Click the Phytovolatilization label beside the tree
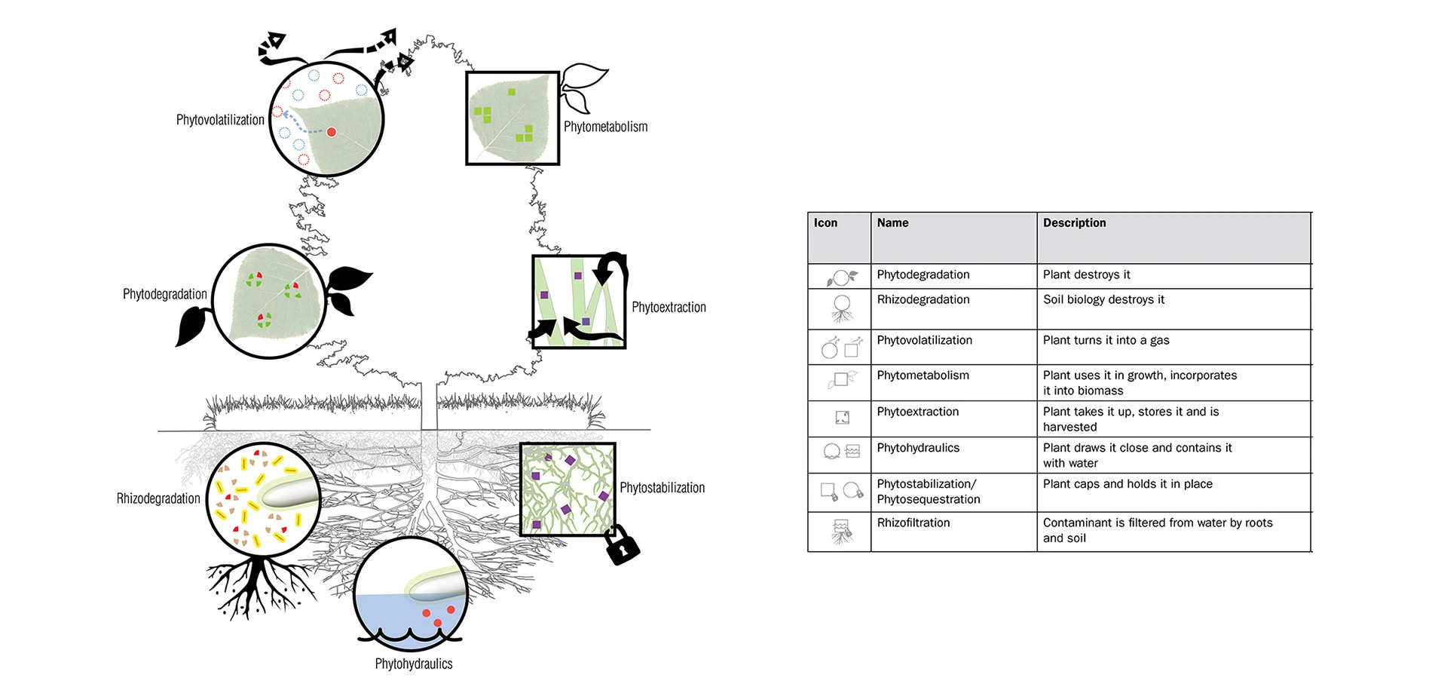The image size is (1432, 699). [220, 120]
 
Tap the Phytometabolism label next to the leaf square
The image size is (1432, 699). [605, 127]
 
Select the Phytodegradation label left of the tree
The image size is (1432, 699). [164, 294]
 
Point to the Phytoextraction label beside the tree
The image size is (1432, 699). [669, 308]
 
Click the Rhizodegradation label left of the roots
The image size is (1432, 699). [158, 498]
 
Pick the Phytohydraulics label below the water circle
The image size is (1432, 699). [414, 664]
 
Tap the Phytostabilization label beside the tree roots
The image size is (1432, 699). [662, 488]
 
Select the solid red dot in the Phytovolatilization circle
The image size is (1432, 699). [331, 132]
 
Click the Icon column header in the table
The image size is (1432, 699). [825, 223]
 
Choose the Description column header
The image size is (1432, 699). [1074, 223]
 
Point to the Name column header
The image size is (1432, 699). [892, 223]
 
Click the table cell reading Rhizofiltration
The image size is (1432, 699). [913, 523]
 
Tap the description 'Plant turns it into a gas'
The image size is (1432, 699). [1106, 340]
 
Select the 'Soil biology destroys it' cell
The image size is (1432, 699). [1103, 299]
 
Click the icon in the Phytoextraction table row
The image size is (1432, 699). [842, 418]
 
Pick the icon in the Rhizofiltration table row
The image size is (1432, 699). [842, 531]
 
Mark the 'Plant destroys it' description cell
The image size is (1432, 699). [1086, 274]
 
